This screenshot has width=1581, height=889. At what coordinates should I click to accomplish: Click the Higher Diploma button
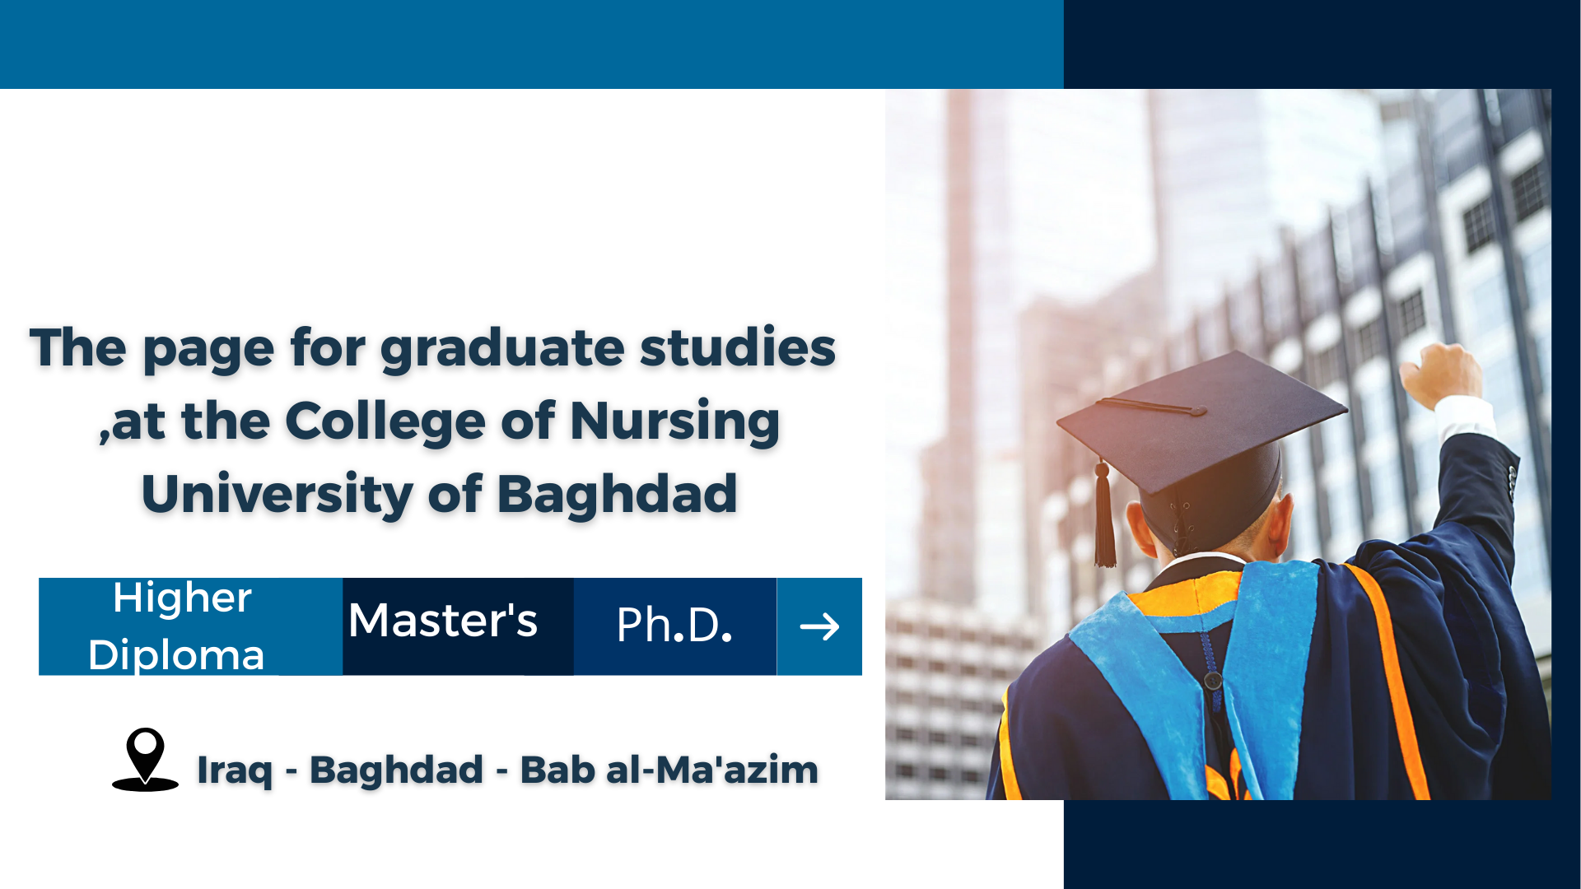[190, 626]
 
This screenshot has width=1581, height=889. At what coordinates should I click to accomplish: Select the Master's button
[458, 626]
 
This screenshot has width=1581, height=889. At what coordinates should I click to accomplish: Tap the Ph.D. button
[675, 626]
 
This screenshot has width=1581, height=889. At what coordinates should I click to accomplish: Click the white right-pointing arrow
[819, 627]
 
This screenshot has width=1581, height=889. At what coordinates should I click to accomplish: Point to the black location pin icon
[145, 759]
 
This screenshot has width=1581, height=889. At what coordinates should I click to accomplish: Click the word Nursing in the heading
[674, 422]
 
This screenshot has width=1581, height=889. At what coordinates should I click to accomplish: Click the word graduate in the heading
[502, 349]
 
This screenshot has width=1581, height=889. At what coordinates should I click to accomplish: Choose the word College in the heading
[385, 422]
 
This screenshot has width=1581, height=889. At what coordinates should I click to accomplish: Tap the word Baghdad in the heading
[617, 494]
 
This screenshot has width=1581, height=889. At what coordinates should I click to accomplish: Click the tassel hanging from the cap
[1104, 514]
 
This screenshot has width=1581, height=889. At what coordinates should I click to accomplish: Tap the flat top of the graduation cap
[1202, 420]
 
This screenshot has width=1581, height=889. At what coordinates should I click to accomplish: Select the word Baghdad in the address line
[396, 770]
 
